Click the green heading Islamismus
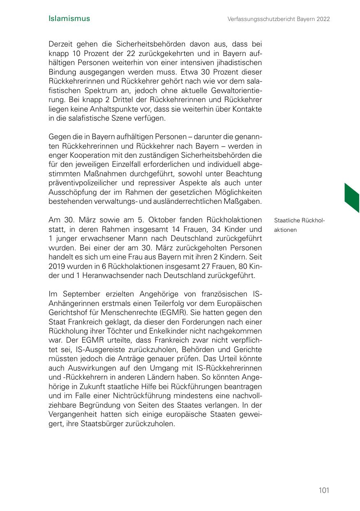pos(69,19)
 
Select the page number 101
pos(324,490)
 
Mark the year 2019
pos(57,266)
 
